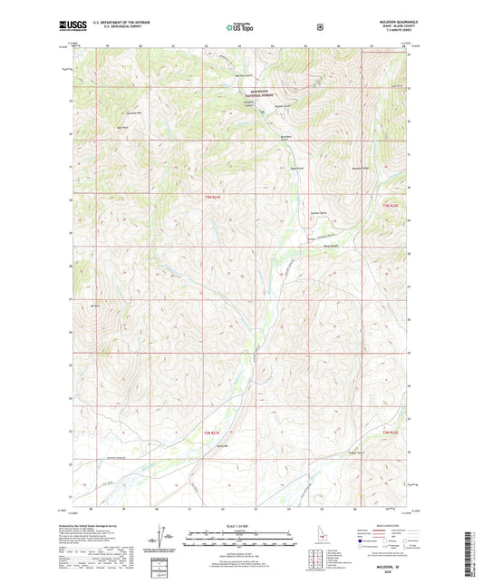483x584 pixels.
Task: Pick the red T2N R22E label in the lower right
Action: coord(391,433)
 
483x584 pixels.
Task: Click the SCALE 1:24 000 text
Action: coord(241,527)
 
